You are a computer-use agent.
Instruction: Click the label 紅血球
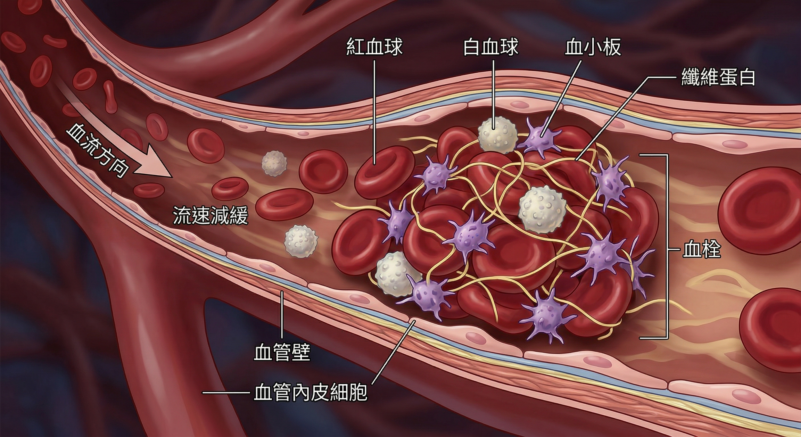[x=375, y=47]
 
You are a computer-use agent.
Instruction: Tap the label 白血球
[x=491, y=47]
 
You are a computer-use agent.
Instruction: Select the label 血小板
[x=593, y=47]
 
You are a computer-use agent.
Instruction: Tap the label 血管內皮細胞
[x=311, y=393]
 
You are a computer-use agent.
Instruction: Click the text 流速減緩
[x=210, y=215]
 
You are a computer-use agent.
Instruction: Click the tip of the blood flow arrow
[x=171, y=177]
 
